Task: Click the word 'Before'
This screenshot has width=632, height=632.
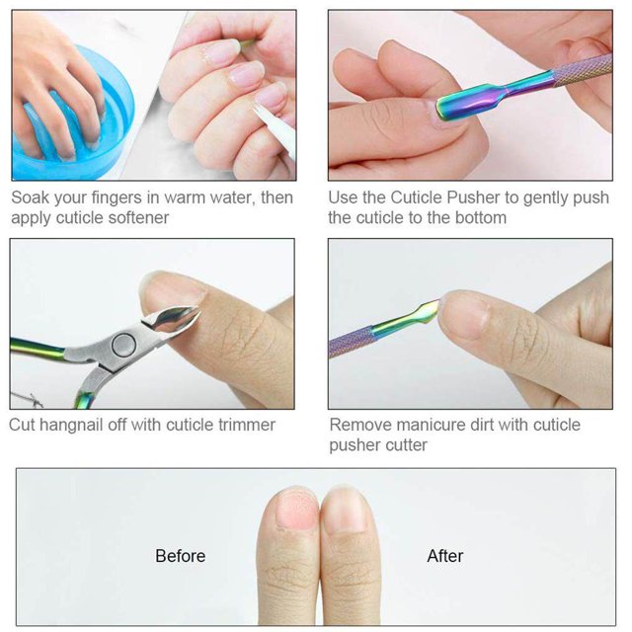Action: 180,556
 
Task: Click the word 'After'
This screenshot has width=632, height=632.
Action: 445,556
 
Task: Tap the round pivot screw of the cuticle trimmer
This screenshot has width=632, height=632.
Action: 123,345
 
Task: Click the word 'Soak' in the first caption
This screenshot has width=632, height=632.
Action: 30,197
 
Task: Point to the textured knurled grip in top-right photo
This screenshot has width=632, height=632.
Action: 584,71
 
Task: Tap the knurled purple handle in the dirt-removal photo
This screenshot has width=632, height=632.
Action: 351,341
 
